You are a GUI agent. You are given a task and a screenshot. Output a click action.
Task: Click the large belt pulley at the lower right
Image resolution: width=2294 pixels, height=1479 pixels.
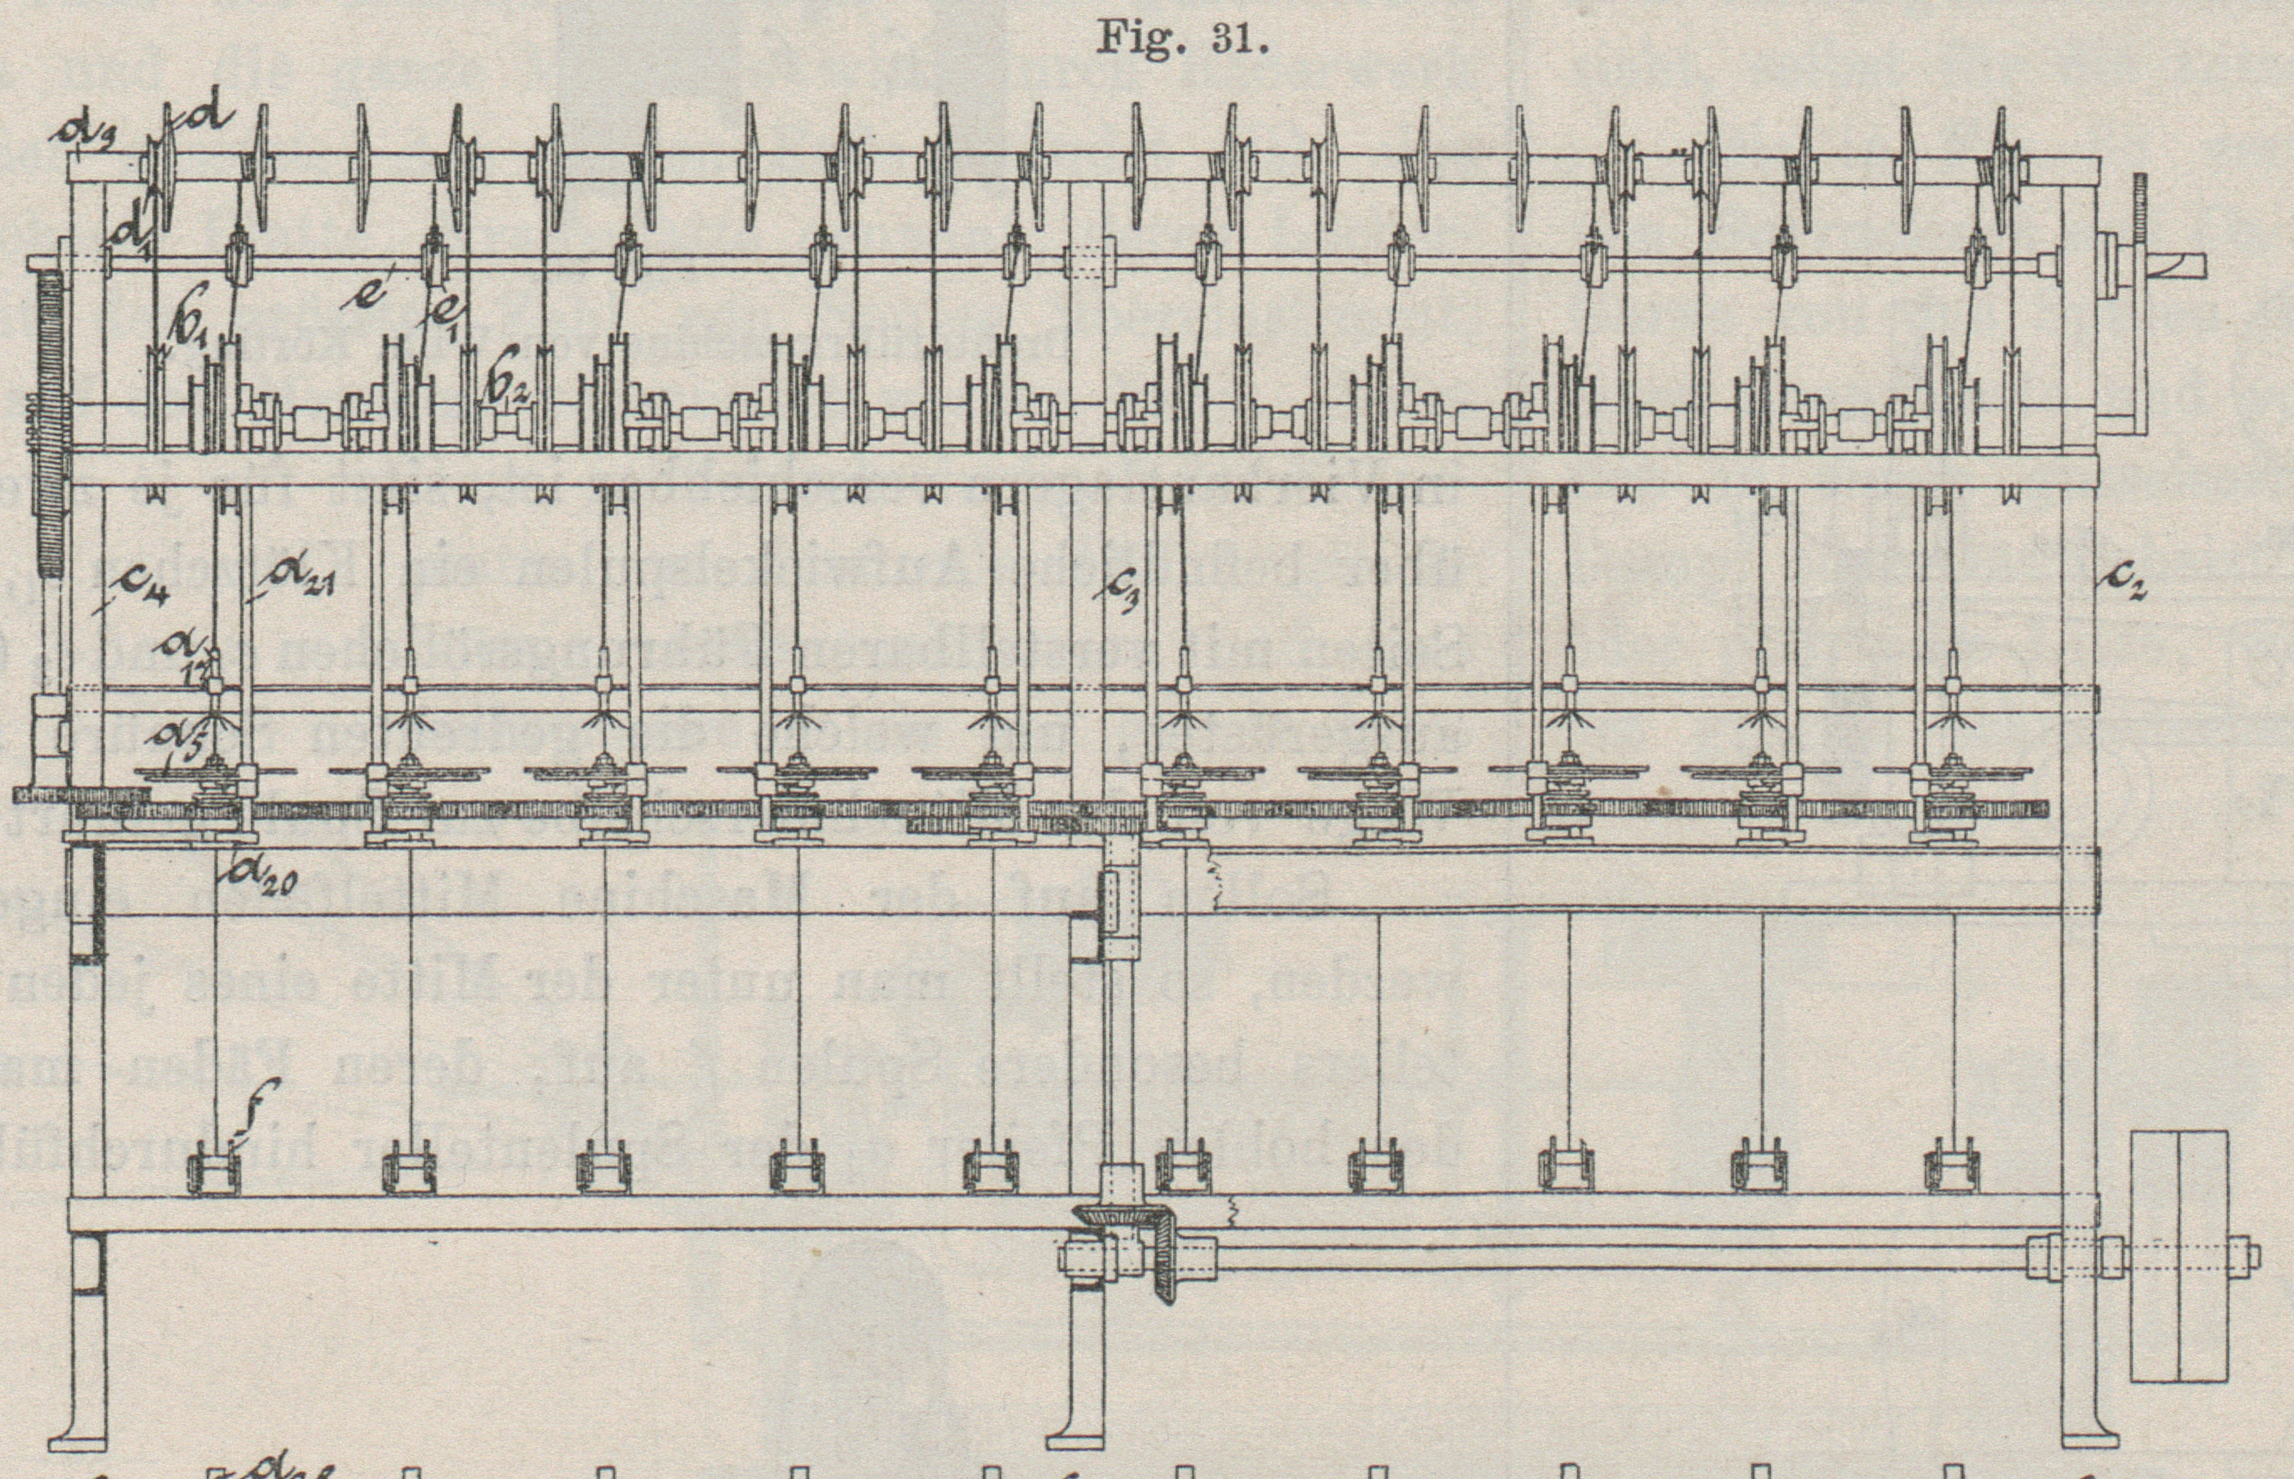pyautogui.click(x=2177, y=1255)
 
